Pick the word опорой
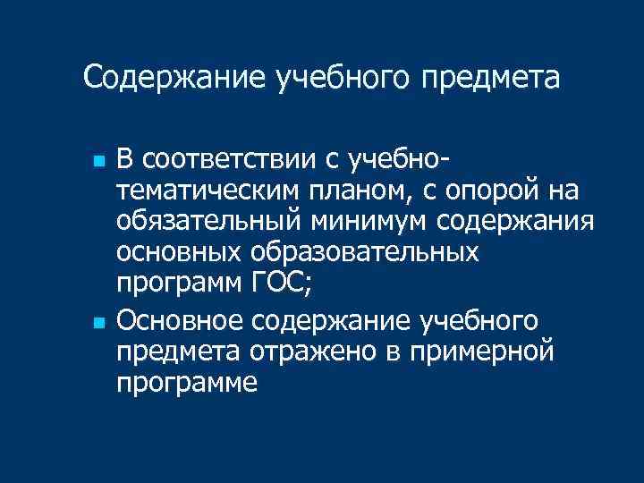click(478, 191)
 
